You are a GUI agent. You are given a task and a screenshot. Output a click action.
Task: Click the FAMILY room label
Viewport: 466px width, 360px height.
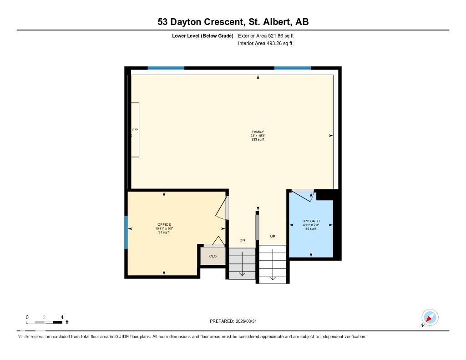coord(258,132)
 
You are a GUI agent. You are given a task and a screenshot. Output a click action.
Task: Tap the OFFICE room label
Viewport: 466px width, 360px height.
coord(164,225)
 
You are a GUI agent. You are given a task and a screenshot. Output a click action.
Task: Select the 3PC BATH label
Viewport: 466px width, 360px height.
coord(311,222)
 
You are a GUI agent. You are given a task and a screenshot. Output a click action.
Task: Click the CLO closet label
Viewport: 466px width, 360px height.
coord(213,256)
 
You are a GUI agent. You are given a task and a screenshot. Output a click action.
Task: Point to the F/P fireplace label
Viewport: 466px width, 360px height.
coord(135,130)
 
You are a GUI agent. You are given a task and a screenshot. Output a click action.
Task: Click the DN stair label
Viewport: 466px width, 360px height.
coord(242,240)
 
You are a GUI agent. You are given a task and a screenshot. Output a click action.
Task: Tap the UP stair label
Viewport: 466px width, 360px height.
coord(273,237)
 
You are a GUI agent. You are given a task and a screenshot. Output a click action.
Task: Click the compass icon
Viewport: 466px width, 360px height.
coord(430,318)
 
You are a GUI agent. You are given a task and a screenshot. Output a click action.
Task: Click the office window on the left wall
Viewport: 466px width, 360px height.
coord(126,232)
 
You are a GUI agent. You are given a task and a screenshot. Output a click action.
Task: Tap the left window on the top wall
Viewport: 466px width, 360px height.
coord(166,68)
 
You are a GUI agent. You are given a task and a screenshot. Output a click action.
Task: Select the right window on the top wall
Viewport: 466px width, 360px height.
coord(292,68)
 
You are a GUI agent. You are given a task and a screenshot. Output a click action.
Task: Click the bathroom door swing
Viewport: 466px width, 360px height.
coord(302,195)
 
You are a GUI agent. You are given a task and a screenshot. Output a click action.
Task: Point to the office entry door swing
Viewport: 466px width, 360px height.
coord(221,207)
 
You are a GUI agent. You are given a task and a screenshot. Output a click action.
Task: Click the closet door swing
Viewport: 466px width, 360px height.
coord(218,241)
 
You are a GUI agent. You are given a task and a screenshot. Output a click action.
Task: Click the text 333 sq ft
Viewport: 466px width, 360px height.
coord(258,140)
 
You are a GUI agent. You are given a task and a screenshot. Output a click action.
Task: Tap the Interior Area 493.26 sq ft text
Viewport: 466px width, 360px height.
coord(265,44)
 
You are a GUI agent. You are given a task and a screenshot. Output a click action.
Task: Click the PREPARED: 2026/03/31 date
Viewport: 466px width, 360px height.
coord(236,321)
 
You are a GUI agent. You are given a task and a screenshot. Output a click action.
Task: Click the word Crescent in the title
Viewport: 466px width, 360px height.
coord(217,22)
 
